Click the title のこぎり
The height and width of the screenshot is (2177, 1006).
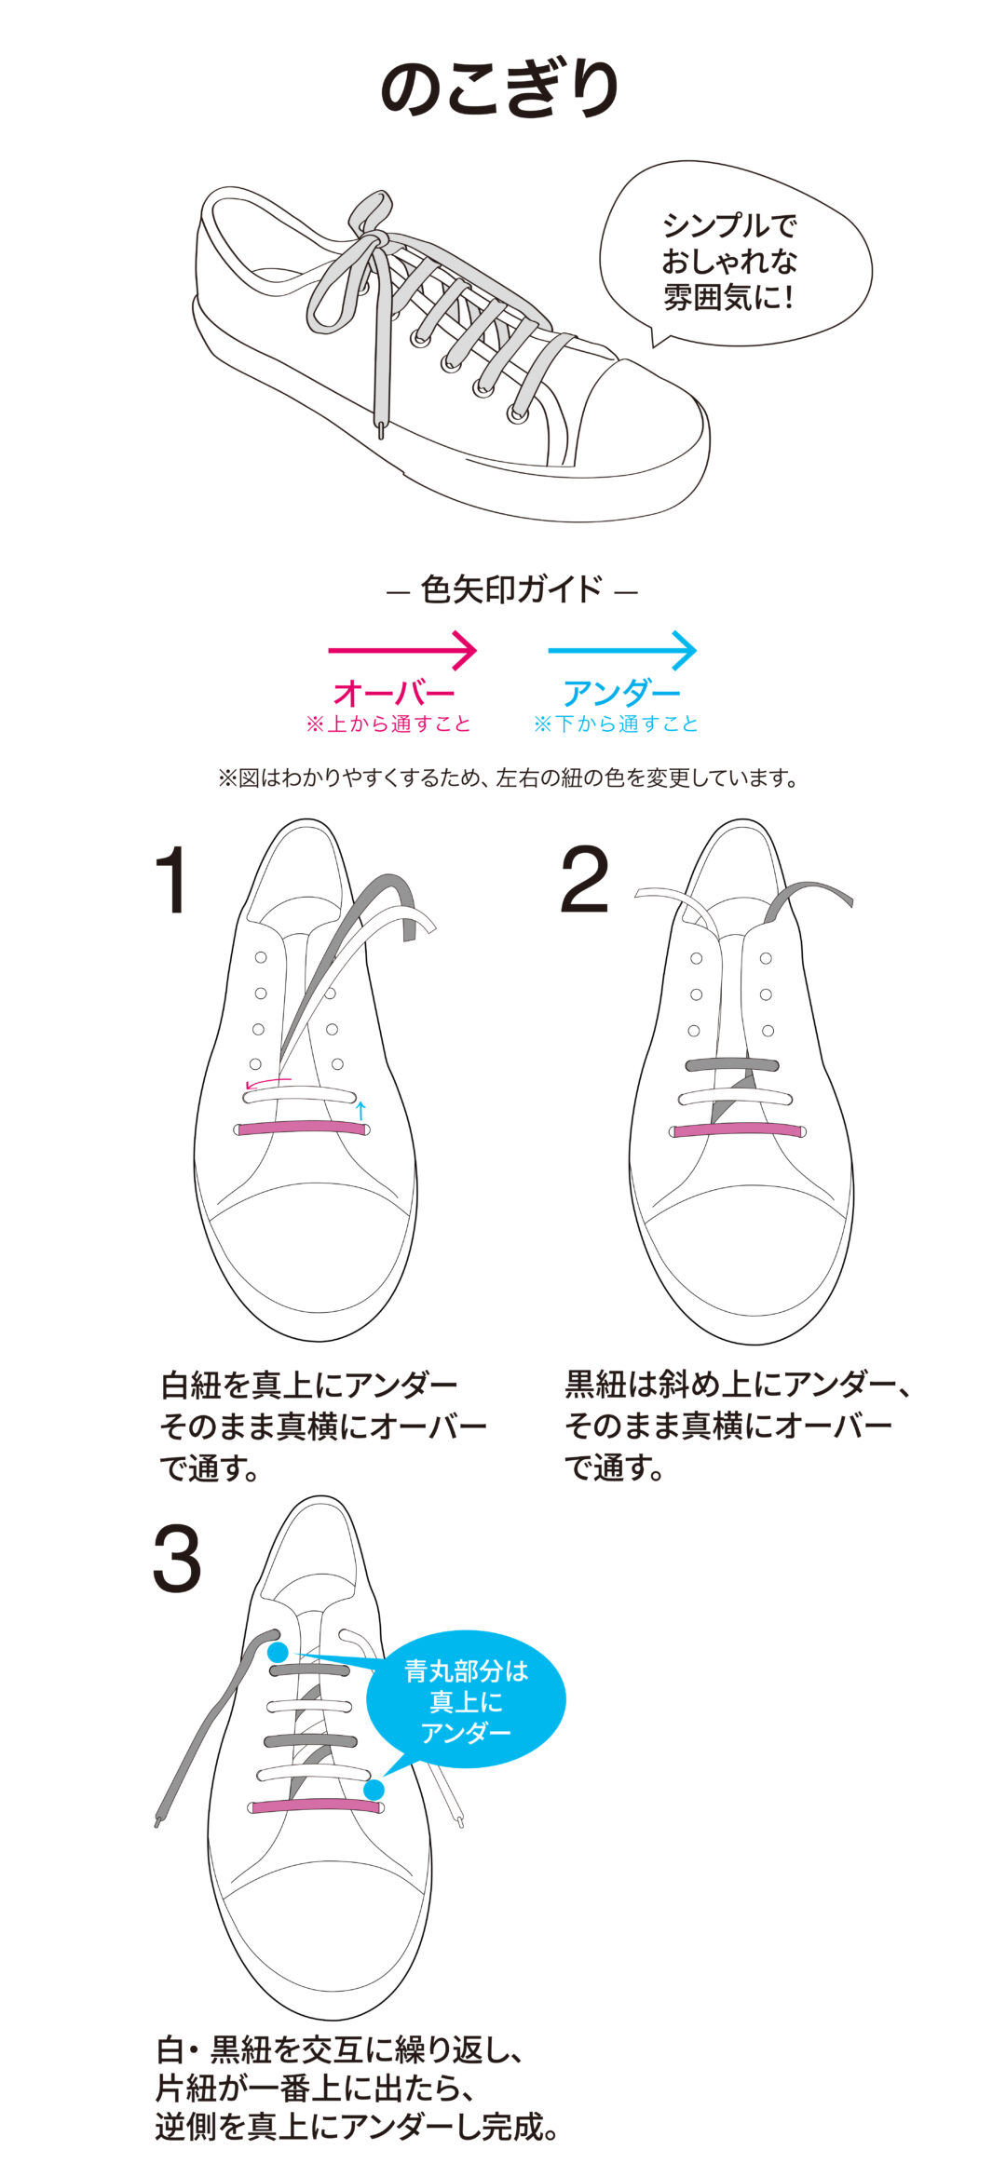point(500,88)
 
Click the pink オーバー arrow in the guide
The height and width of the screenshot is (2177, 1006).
point(402,650)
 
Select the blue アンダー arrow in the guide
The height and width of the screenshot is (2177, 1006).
point(622,650)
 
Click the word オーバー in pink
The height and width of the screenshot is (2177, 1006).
point(394,692)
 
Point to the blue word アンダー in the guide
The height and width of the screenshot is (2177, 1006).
point(621,692)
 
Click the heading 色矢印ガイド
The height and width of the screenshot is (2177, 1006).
point(511,589)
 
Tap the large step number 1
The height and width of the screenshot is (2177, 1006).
point(174,880)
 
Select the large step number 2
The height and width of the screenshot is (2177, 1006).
point(585,880)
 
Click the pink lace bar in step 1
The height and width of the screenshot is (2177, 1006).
point(302,1128)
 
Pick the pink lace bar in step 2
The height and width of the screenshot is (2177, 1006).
point(737,1130)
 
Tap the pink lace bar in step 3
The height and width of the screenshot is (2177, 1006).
point(316,1806)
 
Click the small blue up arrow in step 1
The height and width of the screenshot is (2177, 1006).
point(361,1110)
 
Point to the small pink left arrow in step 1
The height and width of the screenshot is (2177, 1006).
point(267,1082)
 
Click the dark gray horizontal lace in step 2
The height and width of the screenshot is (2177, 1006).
point(732,1065)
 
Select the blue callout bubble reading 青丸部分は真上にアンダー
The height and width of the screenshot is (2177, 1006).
point(466,1702)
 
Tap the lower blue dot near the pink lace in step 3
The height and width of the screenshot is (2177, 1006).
point(374,1790)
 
